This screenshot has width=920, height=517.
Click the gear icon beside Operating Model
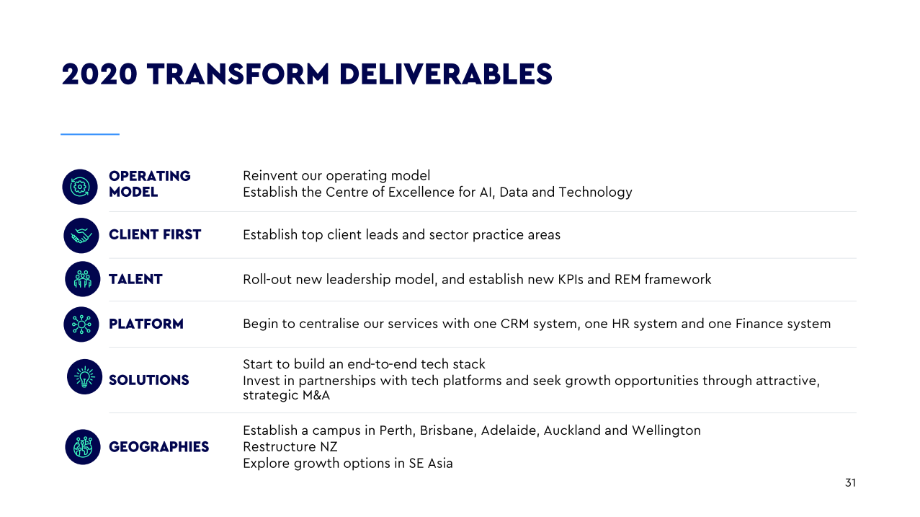(x=80, y=187)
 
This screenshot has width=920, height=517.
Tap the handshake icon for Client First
(x=81, y=236)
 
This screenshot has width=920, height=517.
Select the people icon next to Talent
(x=83, y=279)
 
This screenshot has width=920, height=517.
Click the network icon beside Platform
(x=81, y=324)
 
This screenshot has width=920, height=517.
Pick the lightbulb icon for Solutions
(x=84, y=377)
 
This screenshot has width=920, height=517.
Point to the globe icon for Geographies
(x=83, y=447)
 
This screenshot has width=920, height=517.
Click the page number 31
(x=850, y=483)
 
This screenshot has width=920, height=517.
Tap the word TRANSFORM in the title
(x=238, y=75)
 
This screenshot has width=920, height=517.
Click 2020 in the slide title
(x=99, y=75)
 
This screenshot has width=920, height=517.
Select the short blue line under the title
(x=90, y=134)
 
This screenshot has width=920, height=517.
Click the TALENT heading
(x=135, y=280)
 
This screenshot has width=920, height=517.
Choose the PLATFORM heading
(x=146, y=324)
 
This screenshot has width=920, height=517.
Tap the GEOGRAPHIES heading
(x=159, y=447)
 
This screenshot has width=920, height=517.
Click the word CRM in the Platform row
(x=514, y=324)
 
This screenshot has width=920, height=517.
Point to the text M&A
(x=316, y=395)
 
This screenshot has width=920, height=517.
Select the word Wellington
(x=666, y=430)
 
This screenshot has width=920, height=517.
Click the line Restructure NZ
(x=290, y=447)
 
